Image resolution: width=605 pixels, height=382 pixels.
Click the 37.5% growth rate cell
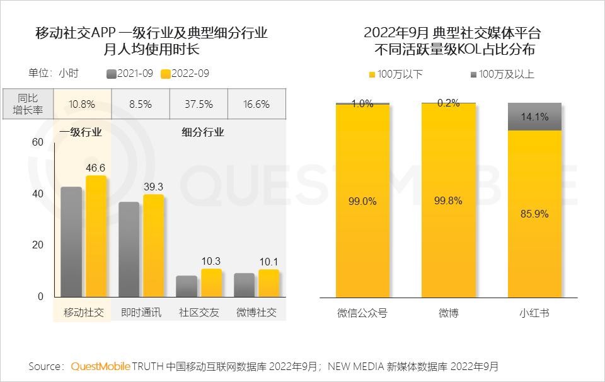click(199, 104)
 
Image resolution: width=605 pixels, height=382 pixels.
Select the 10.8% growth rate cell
click(83, 104)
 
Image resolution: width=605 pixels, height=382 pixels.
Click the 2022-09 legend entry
click(185, 73)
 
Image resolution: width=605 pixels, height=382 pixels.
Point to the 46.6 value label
click(96, 168)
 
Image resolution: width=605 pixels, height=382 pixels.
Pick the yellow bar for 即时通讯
click(153, 246)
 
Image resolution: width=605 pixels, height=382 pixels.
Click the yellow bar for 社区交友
click(211, 282)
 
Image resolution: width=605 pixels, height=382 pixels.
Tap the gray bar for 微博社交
click(244, 284)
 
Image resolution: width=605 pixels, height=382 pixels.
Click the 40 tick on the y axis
click(38, 194)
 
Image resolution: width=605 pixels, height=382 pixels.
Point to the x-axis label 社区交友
click(199, 312)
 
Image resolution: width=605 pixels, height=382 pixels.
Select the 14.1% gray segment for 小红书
click(534, 117)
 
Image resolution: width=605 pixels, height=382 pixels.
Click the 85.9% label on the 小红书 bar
click(534, 214)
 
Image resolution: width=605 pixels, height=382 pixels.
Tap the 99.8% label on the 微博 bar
click(448, 200)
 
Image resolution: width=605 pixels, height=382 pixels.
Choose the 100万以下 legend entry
click(395, 74)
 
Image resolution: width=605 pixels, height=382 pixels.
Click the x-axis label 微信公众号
click(362, 312)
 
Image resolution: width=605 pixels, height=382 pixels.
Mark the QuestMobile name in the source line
click(100, 366)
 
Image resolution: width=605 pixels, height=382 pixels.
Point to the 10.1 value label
click(268, 262)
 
